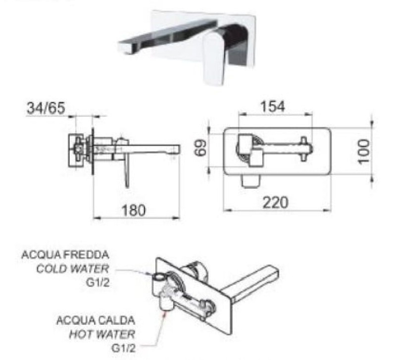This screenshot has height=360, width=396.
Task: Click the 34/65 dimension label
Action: coord(46,108)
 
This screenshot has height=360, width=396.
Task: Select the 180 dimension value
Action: coord(134,210)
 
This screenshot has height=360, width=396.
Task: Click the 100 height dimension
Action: coord(364,151)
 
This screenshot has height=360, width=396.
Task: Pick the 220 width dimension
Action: coord(275,203)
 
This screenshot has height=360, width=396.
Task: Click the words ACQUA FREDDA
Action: coord(65,255)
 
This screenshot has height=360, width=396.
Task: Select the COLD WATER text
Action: coord(72,268)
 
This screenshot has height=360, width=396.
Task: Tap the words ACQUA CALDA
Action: coord(96,320)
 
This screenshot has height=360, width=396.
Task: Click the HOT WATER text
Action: coord(102,334)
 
